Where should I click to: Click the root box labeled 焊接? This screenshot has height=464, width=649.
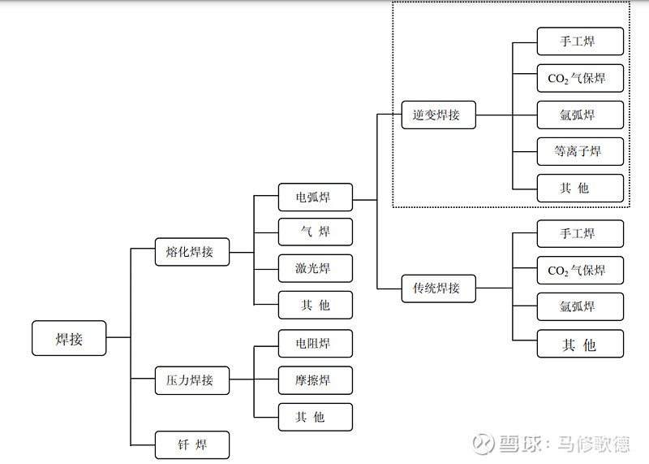click(x=69, y=338)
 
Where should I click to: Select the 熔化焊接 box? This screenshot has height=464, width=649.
click(x=192, y=252)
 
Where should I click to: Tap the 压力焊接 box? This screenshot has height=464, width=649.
click(x=192, y=379)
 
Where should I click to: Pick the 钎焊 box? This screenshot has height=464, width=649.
click(x=192, y=445)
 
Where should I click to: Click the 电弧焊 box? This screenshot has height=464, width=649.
click(x=315, y=197)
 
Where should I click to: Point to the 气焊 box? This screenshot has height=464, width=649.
click(x=315, y=232)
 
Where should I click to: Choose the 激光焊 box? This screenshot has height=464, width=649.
click(x=315, y=268)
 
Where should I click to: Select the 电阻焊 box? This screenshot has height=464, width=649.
click(x=315, y=344)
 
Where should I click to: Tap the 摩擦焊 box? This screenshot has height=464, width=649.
click(x=315, y=380)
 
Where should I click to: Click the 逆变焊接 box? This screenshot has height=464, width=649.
click(x=438, y=115)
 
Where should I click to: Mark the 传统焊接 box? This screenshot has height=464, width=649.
click(x=438, y=288)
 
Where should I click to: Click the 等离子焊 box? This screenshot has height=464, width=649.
click(x=580, y=151)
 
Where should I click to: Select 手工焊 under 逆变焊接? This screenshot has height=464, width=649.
click(x=580, y=41)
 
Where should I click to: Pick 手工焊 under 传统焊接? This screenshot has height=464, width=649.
click(x=580, y=234)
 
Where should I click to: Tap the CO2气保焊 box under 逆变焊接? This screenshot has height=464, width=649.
click(x=580, y=79)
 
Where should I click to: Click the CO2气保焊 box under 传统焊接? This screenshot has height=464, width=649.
click(x=580, y=271)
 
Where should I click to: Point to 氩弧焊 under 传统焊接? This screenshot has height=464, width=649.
click(x=580, y=306)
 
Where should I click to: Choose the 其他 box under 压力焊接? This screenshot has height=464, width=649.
click(x=315, y=417)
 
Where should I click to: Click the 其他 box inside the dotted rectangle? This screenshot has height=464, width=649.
click(x=580, y=189)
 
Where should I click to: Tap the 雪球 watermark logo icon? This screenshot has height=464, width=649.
click(x=484, y=444)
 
